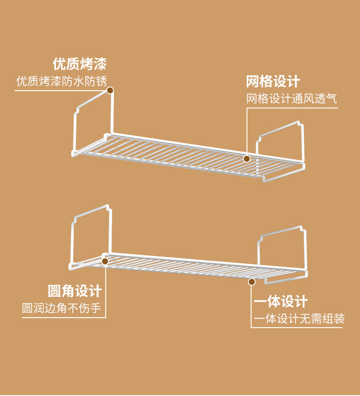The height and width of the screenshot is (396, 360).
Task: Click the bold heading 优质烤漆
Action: point(80,64)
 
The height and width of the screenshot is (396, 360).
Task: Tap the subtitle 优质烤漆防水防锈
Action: point(62,81)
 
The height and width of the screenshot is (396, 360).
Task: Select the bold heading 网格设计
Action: point(273,81)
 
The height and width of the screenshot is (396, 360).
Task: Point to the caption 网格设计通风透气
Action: point(292,98)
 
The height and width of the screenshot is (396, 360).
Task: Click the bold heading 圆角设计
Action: point(75,291)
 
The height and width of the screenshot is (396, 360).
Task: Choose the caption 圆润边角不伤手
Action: point(62,308)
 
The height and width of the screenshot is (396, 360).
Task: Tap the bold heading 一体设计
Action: point(281,301)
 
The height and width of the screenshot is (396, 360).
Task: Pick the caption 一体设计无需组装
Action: point(299,319)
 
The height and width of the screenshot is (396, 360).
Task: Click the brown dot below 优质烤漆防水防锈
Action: point(110,90)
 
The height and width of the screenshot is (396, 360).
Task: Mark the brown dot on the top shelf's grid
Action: point(247,159)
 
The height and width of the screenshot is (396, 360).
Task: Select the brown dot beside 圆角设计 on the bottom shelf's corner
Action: point(105,261)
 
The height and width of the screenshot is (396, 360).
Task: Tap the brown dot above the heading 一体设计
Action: point(252,282)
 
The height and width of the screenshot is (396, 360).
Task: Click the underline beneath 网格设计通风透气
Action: point(292,108)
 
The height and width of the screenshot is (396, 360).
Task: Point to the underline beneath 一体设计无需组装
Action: point(296,328)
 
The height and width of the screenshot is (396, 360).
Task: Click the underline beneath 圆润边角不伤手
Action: point(64,318)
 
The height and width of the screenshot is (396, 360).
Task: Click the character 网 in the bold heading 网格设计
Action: point(253,81)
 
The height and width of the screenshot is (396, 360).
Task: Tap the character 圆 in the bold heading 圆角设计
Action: point(55,291)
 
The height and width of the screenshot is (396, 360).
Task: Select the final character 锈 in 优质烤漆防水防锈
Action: point(102,81)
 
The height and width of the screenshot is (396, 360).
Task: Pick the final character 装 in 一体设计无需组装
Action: point(339,319)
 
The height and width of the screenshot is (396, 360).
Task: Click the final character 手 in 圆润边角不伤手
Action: point(96,308)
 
